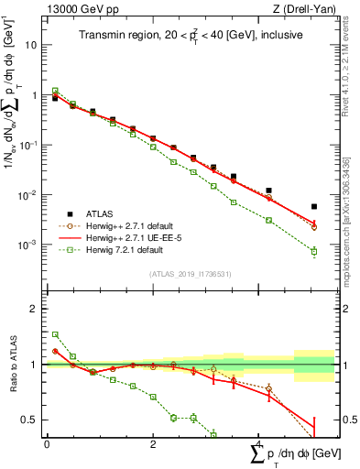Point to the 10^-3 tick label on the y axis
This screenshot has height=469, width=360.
pyautogui.click(x=30, y=245)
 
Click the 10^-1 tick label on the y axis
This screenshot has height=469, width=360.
pyautogui.click(x=30, y=145)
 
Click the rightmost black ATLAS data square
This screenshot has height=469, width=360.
pyautogui.click(x=314, y=207)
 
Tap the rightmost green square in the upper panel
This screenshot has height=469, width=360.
pyautogui.click(x=314, y=251)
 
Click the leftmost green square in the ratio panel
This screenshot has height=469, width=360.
pyautogui.click(x=55, y=334)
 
